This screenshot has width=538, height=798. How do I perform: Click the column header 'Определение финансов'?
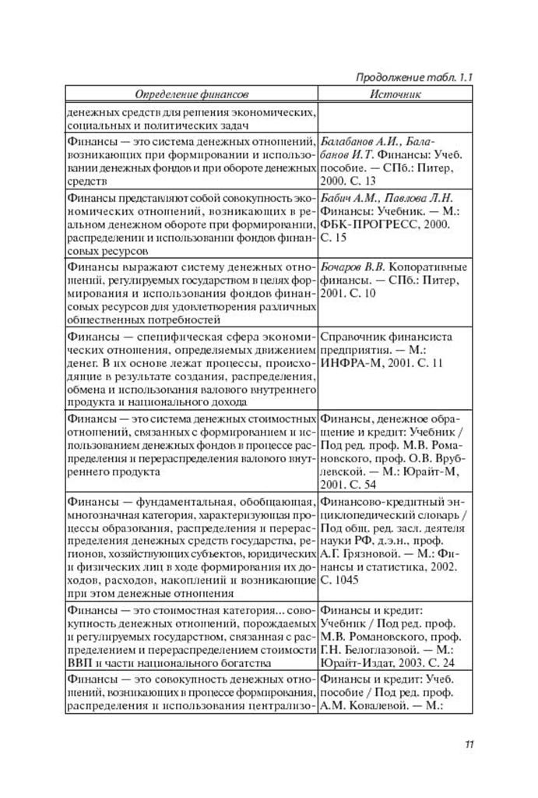click(x=192, y=94)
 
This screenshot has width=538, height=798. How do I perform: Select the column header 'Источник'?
click(x=396, y=94)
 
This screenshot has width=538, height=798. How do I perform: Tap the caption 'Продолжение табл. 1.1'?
click(x=415, y=78)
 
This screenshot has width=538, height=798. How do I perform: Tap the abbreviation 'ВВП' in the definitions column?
click(x=80, y=662)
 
